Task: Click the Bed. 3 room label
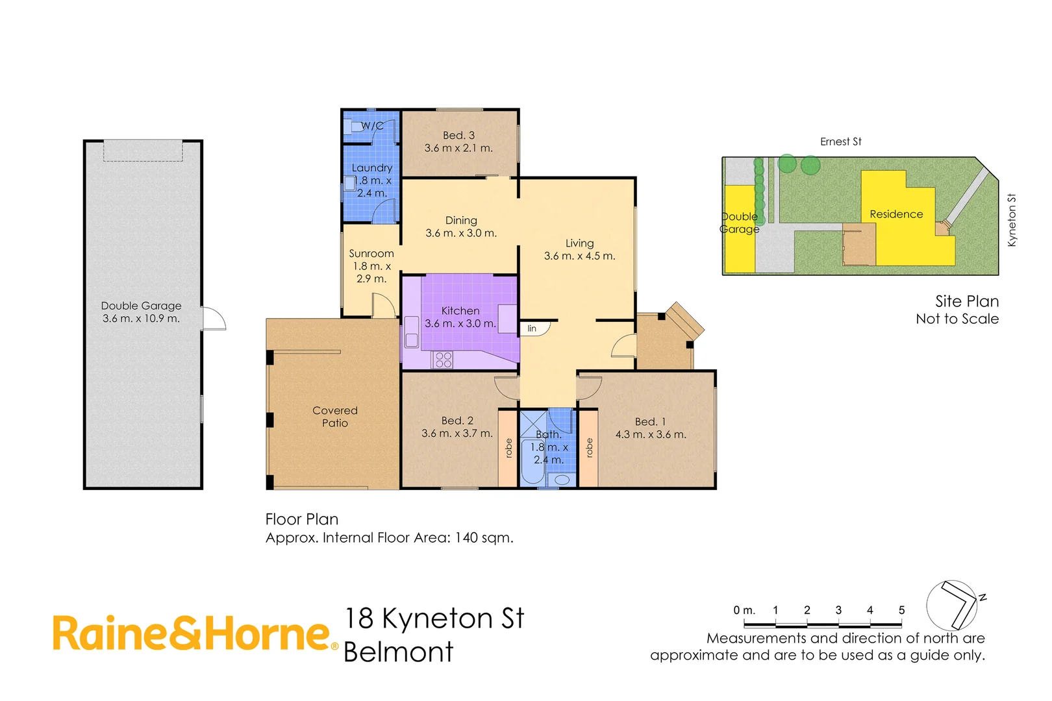pyautogui.click(x=458, y=136)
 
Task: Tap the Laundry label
pyautogui.click(x=371, y=168)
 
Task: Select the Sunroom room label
pyautogui.click(x=371, y=254)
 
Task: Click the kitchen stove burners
pyautogui.click(x=444, y=360)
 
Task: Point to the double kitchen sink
pyautogui.click(x=412, y=332)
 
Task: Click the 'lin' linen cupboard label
pyautogui.click(x=532, y=328)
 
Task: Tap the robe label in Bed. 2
pyautogui.click(x=508, y=448)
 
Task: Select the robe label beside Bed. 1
pyautogui.click(x=589, y=448)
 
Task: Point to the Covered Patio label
pyautogui.click(x=335, y=417)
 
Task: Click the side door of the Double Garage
pyautogui.click(x=214, y=319)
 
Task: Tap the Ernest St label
pyautogui.click(x=840, y=141)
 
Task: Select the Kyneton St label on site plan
pyautogui.click(x=1011, y=220)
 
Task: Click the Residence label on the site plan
pyautogui.click(x=896, y=214)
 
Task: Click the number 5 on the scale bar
pyautogui.click(x=901, y=610)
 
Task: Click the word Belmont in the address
pyautogui.click(x=398, y=652)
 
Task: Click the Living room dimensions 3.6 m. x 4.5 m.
pyautogui.click(x=579, y=256)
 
